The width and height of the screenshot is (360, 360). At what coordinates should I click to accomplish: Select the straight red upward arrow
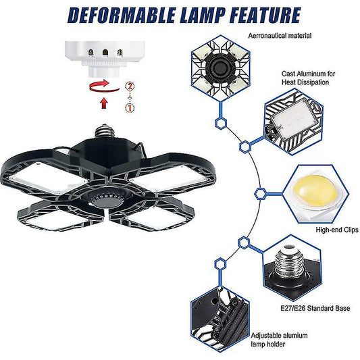click(103, 103)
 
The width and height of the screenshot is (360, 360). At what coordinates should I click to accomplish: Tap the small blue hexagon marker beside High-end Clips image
click(259, 193)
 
